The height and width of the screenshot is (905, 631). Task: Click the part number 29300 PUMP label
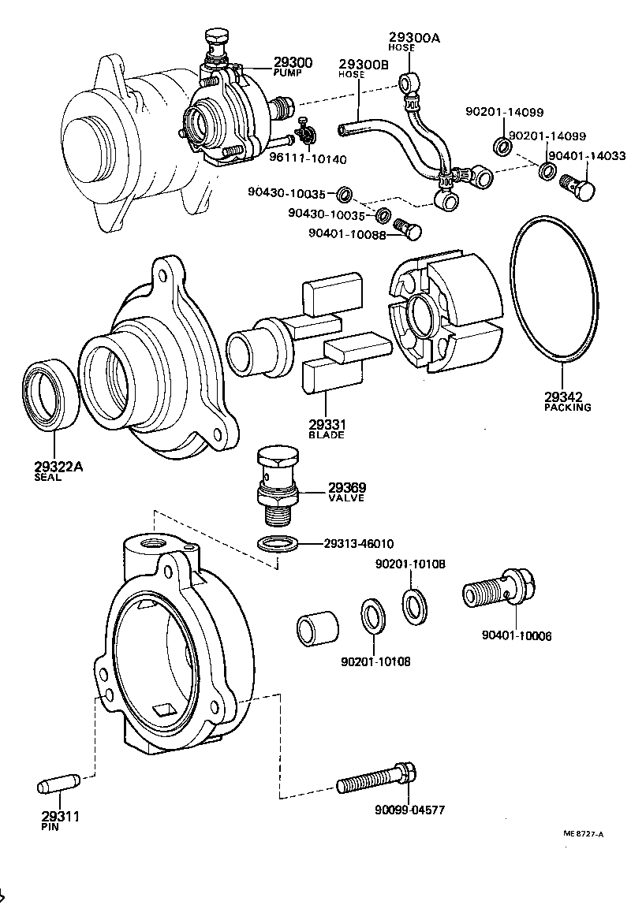click(x=293, y=66)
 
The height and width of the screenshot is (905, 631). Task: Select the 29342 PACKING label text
click(x=567, y=401)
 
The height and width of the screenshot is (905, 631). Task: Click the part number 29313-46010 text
click(x=358, y=544)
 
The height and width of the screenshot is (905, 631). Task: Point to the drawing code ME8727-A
click(x=584, y=833)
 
